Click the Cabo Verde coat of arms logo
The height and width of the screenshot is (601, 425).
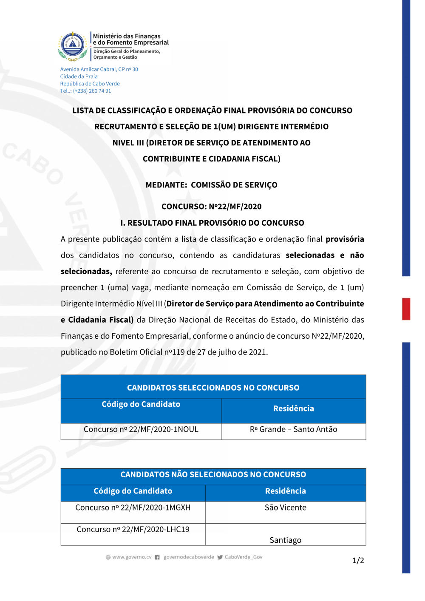pos(73,46)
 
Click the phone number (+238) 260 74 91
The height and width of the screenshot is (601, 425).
pos(92,91)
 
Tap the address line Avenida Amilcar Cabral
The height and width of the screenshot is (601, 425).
pos(99,69)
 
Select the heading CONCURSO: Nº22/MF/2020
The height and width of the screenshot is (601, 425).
pos(212,207)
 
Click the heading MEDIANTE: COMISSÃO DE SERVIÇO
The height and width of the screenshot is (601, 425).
pos(212,185)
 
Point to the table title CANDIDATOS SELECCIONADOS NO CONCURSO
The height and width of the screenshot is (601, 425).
pos(213,388)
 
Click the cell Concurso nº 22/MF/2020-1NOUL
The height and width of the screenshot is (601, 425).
pos(141,429)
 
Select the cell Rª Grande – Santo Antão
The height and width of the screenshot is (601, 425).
pos(293,429)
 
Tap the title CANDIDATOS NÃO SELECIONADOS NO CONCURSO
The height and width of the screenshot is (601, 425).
pos(213,475)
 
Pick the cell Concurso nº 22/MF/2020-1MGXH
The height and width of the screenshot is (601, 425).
pos(133,507)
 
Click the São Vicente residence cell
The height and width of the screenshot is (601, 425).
pos(285,507)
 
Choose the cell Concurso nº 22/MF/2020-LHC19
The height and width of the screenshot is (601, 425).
pos(133,529)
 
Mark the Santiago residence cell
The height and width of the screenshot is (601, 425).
pos(285,540)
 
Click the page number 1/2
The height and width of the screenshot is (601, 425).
pos(358,561)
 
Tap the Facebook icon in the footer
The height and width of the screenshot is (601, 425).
pos(157,557)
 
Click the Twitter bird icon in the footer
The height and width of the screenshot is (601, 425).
pos(220,557)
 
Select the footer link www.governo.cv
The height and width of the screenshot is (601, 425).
pos(132,557)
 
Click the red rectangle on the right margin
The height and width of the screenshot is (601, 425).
pos(406,309)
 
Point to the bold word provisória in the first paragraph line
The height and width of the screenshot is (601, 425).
pos(345,239)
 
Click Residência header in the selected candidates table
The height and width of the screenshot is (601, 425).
pos(293,408)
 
